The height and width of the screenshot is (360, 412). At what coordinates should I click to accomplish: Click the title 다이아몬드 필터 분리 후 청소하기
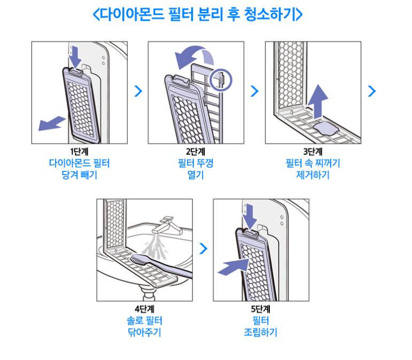click(x=198, y=14)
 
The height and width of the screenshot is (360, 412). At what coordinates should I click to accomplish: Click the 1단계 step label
click(x=79, y=152)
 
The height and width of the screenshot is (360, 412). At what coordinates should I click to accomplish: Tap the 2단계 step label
click(x=195, y=152)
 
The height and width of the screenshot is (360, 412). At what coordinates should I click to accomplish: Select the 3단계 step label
click(x=313, y=152)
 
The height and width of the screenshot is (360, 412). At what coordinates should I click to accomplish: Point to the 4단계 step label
click(x=144, y=309)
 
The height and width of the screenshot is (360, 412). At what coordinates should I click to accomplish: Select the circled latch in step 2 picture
click(x=221, y=79)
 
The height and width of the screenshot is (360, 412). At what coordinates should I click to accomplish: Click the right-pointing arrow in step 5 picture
click(x=233, y=266)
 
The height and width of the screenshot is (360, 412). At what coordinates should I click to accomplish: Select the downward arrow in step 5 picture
click(x=249, y=214)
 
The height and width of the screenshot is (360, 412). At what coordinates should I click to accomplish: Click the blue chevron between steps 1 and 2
click(x=138, y=91)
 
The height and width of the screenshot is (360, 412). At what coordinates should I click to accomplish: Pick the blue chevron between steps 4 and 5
click(x=203, y=248)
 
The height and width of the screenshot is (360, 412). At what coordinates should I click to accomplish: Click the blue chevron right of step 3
click(x=372, y=91)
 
